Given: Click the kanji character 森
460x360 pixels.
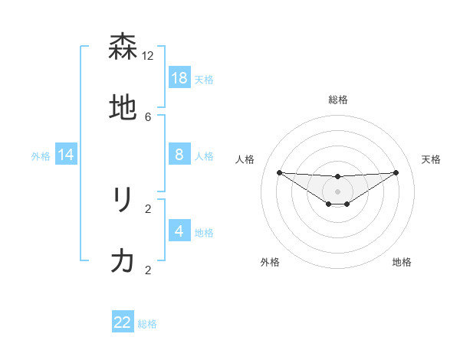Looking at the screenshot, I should [123, 47].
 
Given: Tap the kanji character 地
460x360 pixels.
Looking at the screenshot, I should [123, 109].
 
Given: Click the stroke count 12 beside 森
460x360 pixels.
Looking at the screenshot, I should [148, 55].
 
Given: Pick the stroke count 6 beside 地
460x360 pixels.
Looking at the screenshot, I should [148, 116].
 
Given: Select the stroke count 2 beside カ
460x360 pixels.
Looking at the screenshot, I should [148, 270].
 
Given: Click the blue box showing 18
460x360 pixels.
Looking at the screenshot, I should [179, 78].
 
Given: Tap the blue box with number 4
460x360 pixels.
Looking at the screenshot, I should [179, 231].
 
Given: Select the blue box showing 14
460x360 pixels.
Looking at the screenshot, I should [66, 155].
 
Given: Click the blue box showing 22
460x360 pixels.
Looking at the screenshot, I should [123, 322].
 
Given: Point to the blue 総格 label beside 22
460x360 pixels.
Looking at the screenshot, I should [147, 324].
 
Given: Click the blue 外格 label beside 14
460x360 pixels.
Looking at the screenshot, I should [41, 156].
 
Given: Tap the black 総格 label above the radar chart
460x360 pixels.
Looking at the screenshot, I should [338, 100].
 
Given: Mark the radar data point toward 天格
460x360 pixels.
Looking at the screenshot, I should [396, 172].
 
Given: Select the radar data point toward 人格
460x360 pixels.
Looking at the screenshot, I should [279, 172].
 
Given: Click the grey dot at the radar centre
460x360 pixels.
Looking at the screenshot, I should [338, 191].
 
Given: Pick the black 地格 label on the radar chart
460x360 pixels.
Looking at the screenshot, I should [402, 262].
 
